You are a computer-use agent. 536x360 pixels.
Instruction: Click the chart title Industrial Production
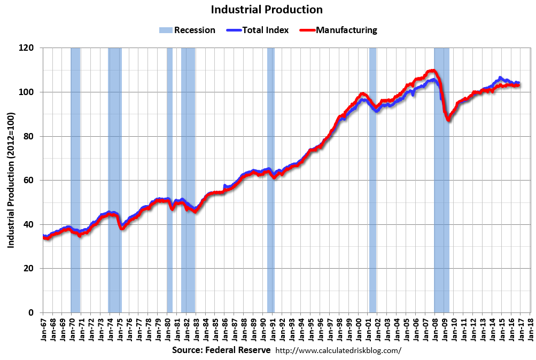(267, 10)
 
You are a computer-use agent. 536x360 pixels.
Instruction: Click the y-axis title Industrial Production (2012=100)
(11, 180)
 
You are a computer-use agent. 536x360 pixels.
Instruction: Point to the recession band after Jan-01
(372, 160)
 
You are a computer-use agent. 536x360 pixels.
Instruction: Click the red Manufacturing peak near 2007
(431, 71)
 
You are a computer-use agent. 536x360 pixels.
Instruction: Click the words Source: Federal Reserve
(221, 350)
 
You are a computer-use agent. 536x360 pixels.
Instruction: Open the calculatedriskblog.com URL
(338, 351)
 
